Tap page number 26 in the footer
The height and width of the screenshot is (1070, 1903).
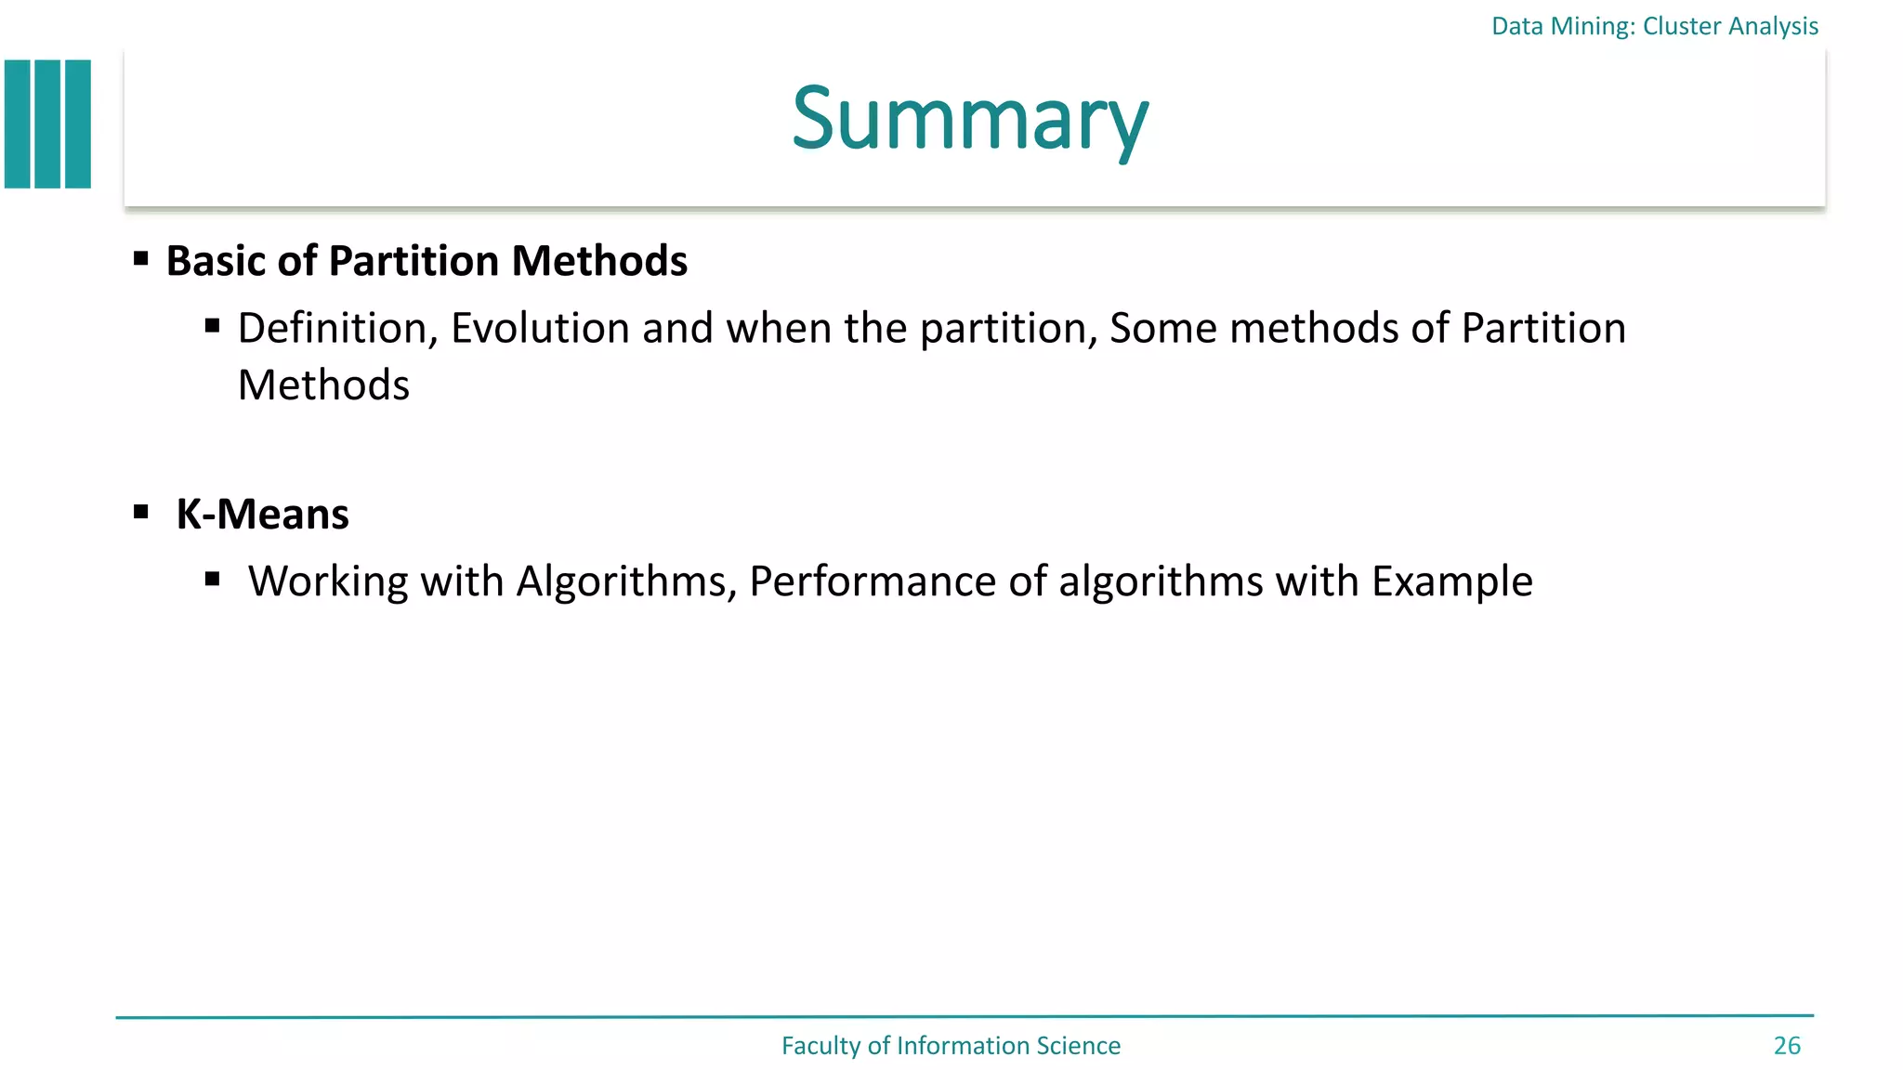(x=1786, y=1046)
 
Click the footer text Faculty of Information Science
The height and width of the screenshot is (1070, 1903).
(x=951, y=1046)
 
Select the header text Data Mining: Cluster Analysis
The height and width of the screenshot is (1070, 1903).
(x=1654, y=26)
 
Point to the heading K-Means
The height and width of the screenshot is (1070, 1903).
(x=262, y=515)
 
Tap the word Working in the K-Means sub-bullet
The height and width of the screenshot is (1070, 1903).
(x=328, y=582)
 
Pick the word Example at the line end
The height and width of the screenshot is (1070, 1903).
(x=1451, y=582)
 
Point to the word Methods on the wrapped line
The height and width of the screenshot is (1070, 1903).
(x=323, y=385)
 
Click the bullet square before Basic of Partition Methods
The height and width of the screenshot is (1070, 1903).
(x=141, y=258)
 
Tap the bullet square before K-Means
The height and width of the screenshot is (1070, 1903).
(x=141, y=512)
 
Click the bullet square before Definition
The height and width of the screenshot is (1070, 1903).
(x=213, y=326)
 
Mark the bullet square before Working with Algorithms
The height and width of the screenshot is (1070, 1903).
(x=213, y=580)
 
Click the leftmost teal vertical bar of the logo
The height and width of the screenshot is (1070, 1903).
(x=18, y=124)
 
